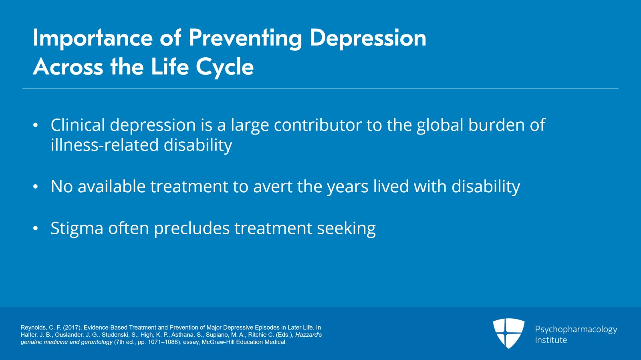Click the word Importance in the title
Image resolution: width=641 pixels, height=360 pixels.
[93, 38]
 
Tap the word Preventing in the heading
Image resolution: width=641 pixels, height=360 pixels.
[245, 38]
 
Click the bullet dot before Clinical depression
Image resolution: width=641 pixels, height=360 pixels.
[36, 125]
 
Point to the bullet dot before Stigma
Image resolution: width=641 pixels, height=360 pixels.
[36, 228]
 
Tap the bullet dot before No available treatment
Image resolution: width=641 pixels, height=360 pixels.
[36, 187]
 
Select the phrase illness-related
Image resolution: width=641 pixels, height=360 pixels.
[105, 145]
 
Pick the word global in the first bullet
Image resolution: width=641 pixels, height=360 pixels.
[440, 125]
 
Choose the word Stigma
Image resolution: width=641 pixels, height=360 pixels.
[77, 229]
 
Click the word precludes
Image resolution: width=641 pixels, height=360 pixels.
[192, 229]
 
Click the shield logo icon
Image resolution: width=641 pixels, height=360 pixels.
[508, 333]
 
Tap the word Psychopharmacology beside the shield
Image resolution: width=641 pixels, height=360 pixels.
[576, 330]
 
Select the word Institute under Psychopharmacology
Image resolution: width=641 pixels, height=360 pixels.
[551, 340]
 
